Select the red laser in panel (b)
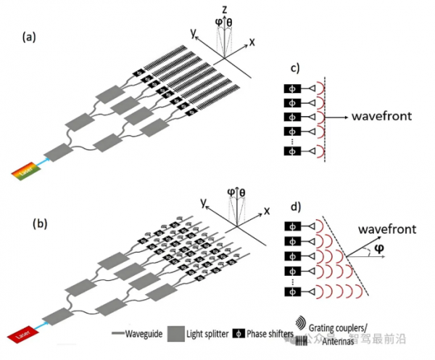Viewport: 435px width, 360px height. [22, 335]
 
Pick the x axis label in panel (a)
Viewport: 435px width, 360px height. [252, 43]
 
